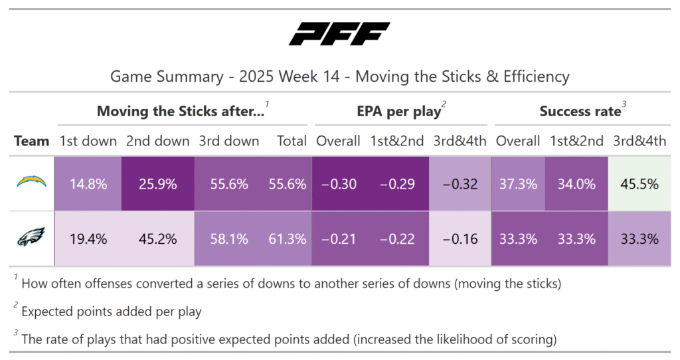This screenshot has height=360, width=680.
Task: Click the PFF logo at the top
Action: click(x=339, y=34)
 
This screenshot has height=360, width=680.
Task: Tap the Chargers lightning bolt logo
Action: click(x=32, y=183)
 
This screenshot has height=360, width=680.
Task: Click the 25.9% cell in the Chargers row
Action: click(x=159, y=184)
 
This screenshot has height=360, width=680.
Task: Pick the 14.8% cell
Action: click(x=89, y=184)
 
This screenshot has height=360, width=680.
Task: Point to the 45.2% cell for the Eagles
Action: click(x=159, y=239)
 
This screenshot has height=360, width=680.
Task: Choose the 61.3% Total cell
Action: click(x=288, y=239)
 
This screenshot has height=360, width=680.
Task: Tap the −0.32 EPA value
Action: click(x=460, y=184)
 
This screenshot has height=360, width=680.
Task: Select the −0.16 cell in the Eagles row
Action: click(x=460, y=239)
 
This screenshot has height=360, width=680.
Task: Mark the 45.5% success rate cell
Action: click(x=639, y=184)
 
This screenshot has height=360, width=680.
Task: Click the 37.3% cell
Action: click(x=518, y=184)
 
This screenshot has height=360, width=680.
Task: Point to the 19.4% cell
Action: click(x=89, y=239)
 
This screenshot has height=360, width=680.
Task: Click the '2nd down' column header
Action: click(x=157, y=141)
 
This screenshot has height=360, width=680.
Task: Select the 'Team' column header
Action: click(x=31, y=141)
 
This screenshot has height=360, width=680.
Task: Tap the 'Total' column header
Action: click(x=292, y=141)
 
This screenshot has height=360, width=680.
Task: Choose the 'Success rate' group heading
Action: click(x=579, y=112)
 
